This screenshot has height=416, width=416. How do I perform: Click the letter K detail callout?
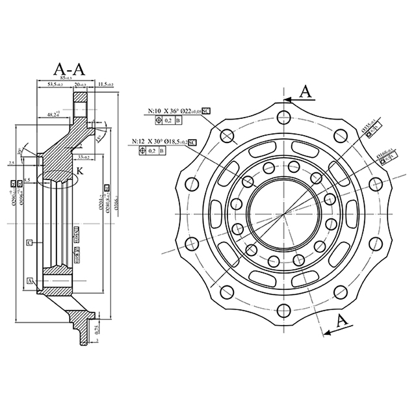pos(80,170)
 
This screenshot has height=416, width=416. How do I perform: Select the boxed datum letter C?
pos(30,242)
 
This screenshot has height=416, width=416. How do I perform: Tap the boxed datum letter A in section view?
pos(30,281)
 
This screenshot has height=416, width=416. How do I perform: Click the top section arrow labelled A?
pos(303,94)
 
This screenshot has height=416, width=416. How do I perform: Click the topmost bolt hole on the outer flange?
pos(281,117)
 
